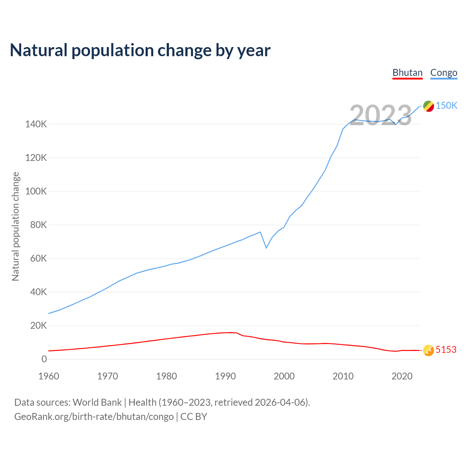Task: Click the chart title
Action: pos(140,50)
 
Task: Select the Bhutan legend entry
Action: pos(407,73)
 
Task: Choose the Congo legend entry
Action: pos(444,73)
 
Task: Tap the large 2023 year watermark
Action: pos(381,115)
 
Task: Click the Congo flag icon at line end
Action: pos(428,106)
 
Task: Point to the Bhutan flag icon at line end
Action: pos(428,350)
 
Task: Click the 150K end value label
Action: pos(447,105)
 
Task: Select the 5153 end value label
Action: pos(446,350)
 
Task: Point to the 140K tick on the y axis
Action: pos(36,124)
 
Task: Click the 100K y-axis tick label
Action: pos(36,192)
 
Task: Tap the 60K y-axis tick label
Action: pos(38,259)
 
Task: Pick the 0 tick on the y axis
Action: pos(44,359)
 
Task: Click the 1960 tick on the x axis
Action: pos(49,376)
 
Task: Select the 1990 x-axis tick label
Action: pos(225,376)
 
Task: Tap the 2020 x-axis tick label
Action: pos(402,376)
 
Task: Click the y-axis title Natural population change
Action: pos(16,226)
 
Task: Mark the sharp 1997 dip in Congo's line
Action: pos(266,248)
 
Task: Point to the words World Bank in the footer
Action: pos(97,402)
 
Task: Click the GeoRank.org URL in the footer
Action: pos(94,417)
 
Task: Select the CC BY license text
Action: pos(194,417)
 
